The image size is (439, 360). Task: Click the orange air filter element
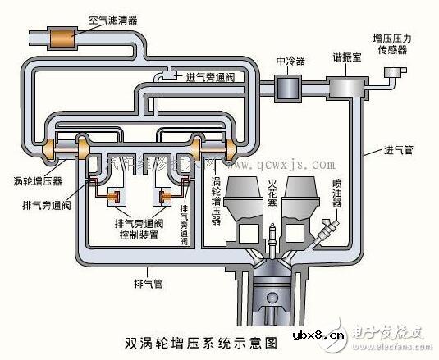61,37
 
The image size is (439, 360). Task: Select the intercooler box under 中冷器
288,85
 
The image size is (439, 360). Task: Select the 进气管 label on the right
396,152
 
